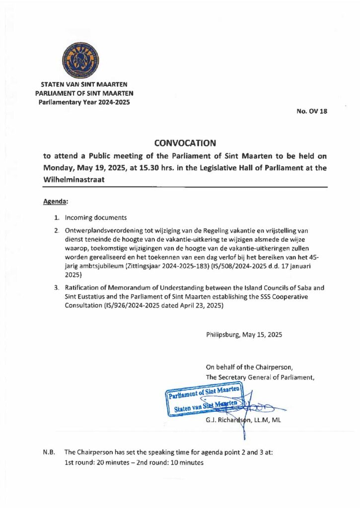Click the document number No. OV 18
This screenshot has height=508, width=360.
tap(312, 112)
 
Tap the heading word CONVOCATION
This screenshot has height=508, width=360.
tap(185, 143)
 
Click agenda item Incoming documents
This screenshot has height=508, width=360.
tap(96, 218)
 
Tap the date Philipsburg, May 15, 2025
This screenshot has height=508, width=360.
tap(244, 335)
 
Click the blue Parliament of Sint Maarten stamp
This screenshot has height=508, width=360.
tap(204, 401)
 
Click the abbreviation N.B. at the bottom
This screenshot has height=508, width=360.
tap(49, 452)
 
